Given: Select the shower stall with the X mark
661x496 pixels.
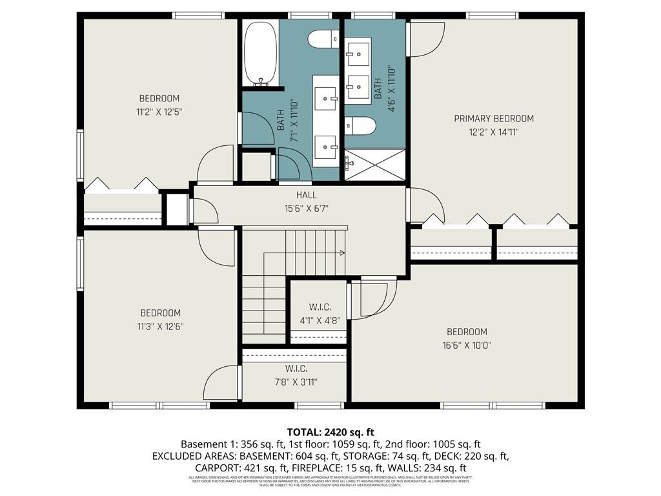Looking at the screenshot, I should click(x=375, y=164).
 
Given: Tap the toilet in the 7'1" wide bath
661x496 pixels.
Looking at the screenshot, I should click(x=323, y=39).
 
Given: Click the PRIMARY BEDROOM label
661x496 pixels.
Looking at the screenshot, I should click(x=494, y=119).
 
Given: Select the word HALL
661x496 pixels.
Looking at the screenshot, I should click(x=307, y=195).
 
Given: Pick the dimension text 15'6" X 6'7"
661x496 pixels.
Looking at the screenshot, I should click(x=307, y=208).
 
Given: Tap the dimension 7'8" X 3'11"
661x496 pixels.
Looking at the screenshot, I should click(x=296, y=382).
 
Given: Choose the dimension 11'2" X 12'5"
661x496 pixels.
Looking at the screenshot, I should click(x=159, y=112).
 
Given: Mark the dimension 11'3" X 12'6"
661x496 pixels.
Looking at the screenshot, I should click(x=160, y=326).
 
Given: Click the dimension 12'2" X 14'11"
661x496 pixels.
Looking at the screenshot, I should click(x=494, y=132).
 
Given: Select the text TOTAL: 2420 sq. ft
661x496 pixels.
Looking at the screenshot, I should click(x=330, y=432).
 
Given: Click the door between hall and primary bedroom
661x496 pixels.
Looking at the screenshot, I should click(x=426, y=205).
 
